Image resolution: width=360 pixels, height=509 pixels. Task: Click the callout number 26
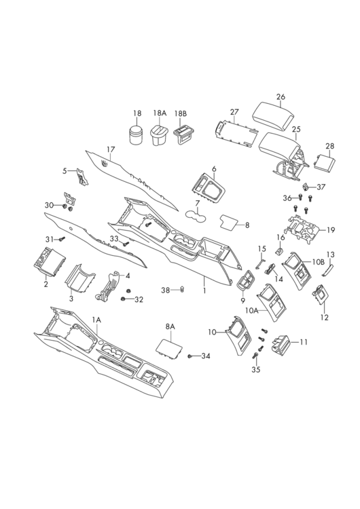click(x=281, y=97)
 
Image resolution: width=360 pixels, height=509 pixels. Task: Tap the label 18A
click(x=160, y=113)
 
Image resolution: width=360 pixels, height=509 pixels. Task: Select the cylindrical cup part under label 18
click(x=137, y=135)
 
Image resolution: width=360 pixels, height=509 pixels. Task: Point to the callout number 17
click(x=111, y=150)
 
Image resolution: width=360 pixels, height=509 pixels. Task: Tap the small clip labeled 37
click(x=306, y=187)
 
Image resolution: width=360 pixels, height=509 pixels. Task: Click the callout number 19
click(x=330, y=231)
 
